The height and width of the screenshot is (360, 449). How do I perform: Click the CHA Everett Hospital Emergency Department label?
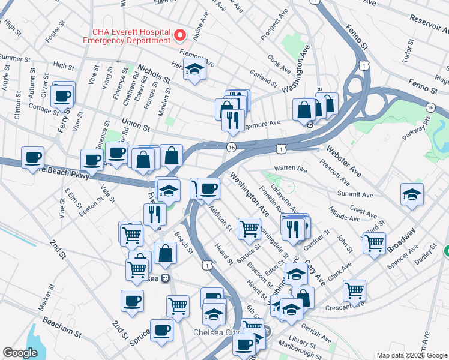131,36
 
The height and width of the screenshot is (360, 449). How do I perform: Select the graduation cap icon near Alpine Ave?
195,70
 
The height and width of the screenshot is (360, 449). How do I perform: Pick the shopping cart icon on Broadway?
374,243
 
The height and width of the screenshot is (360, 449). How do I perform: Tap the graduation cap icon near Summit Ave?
412,194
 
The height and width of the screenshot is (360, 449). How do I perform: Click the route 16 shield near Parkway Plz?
430,107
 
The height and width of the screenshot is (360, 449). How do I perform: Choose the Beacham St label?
62,330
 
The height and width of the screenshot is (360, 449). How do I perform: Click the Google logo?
20,353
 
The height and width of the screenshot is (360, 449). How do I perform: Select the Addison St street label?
220,219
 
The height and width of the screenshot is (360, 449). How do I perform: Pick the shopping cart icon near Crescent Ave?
355,291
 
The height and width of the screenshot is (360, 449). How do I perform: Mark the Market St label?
45,299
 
